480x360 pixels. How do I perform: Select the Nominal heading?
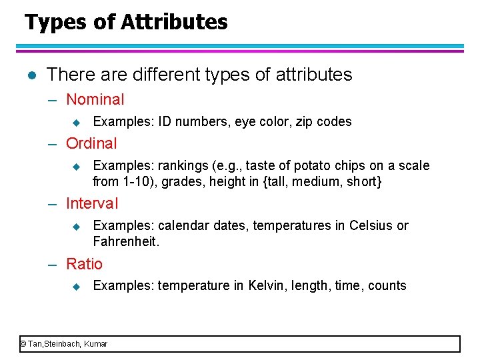pos(95,100)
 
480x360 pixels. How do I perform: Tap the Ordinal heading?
pos(91,143)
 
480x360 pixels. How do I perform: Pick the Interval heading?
pos(92,204)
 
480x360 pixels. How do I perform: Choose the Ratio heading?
pos(85,264)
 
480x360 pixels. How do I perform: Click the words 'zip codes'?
pos(327,122)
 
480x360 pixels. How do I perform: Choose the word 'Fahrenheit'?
pos(125,241)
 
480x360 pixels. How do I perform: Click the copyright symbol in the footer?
pos(23,344)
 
